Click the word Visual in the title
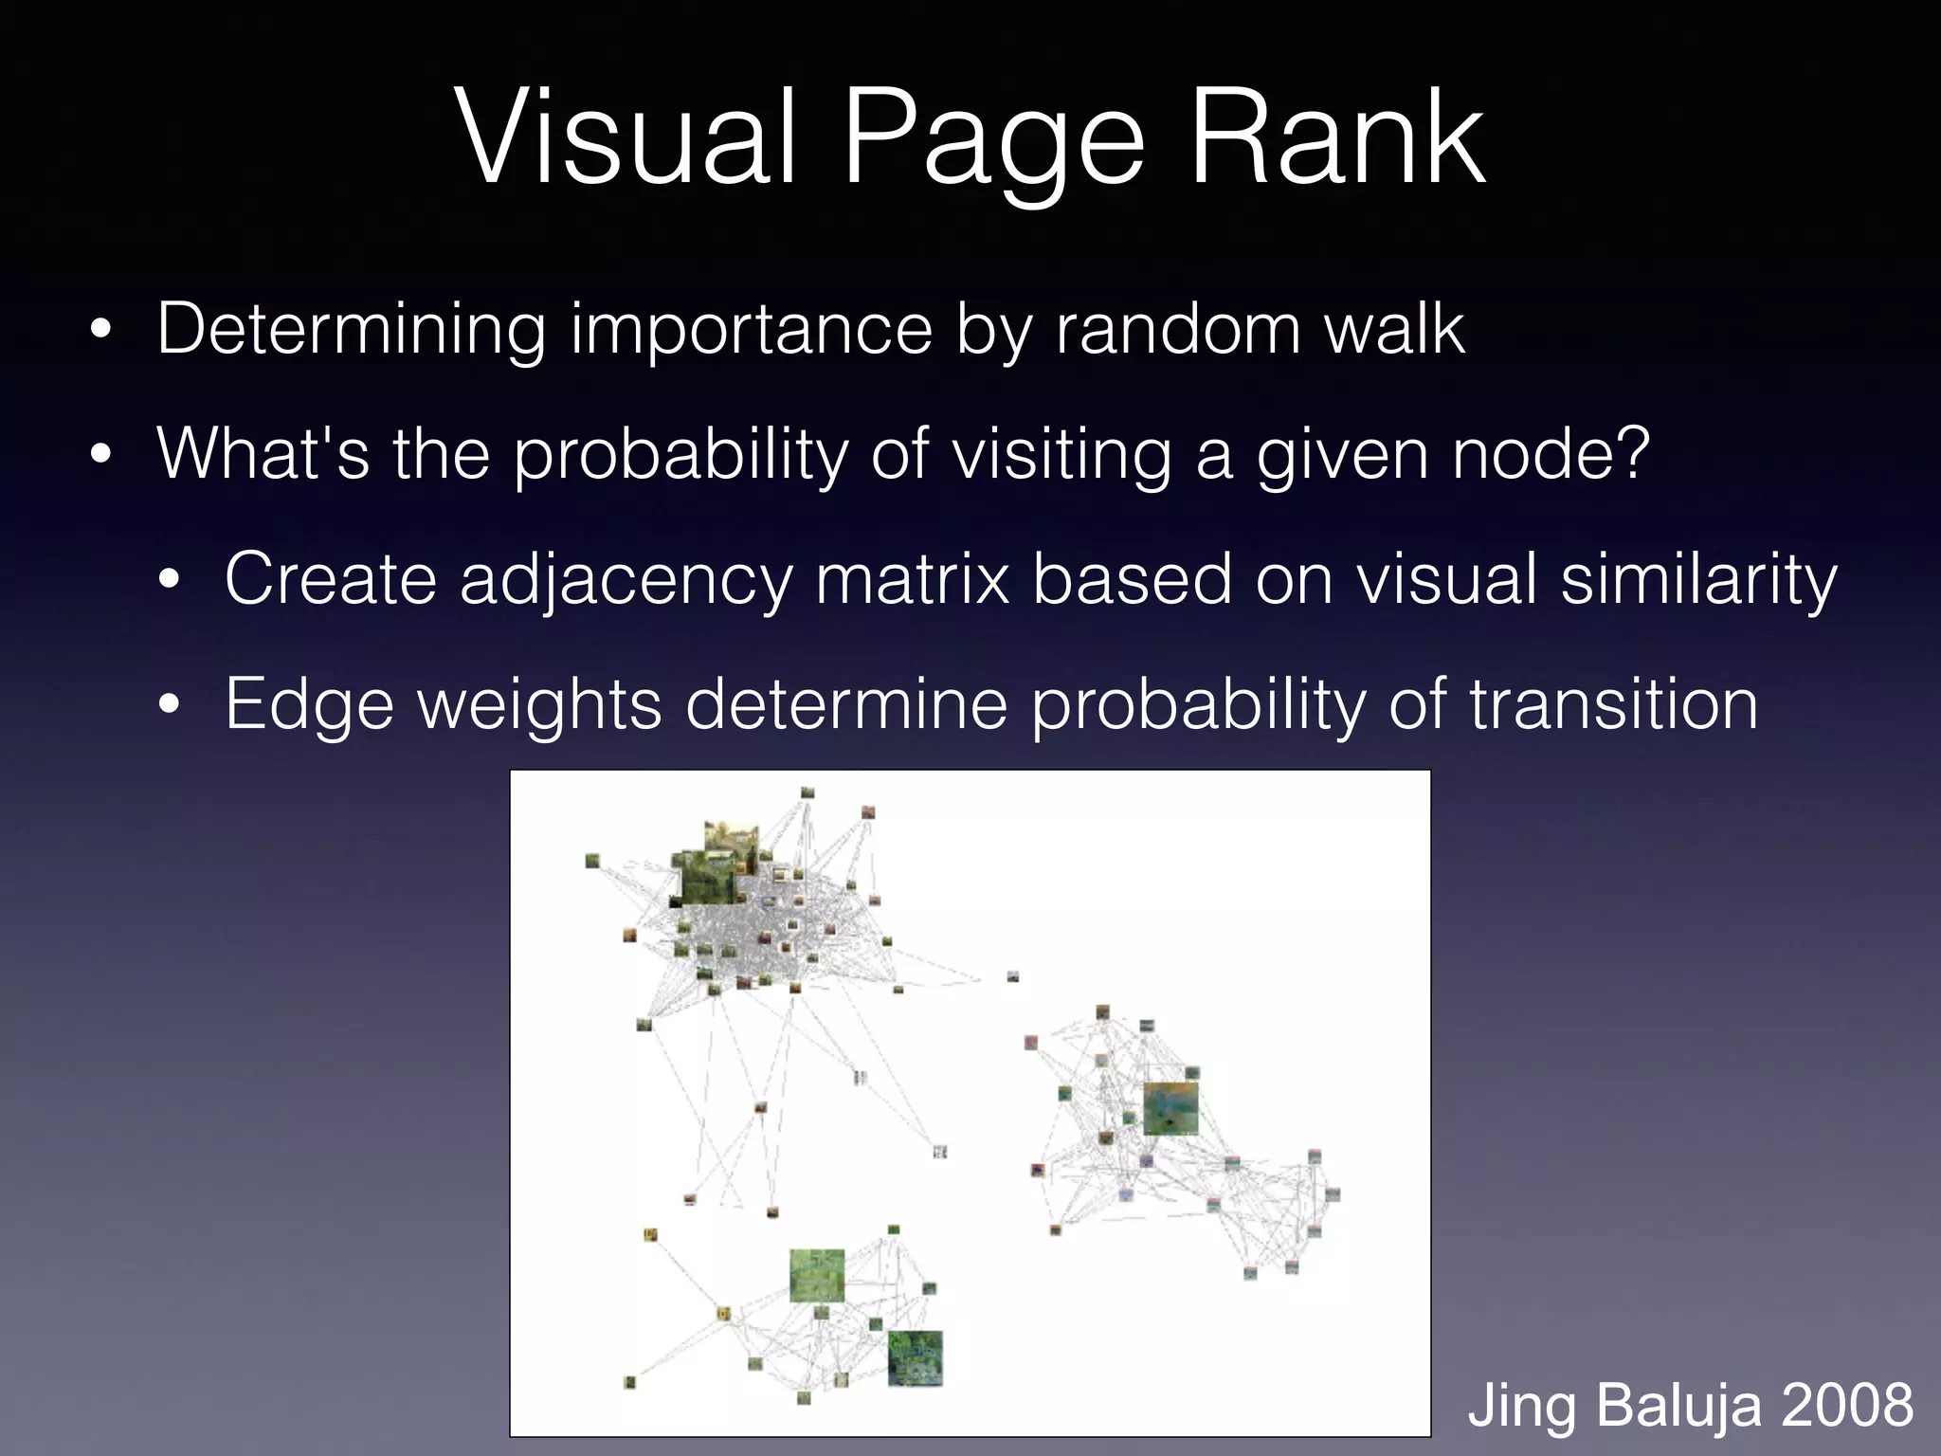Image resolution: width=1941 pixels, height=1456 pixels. pos(626,140)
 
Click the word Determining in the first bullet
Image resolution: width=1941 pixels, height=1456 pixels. pos(352,330)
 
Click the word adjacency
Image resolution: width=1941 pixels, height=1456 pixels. pos(626,581)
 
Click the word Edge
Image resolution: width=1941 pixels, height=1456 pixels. pos(309,706)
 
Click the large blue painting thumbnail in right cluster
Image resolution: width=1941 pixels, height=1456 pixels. pos(1170,1107)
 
